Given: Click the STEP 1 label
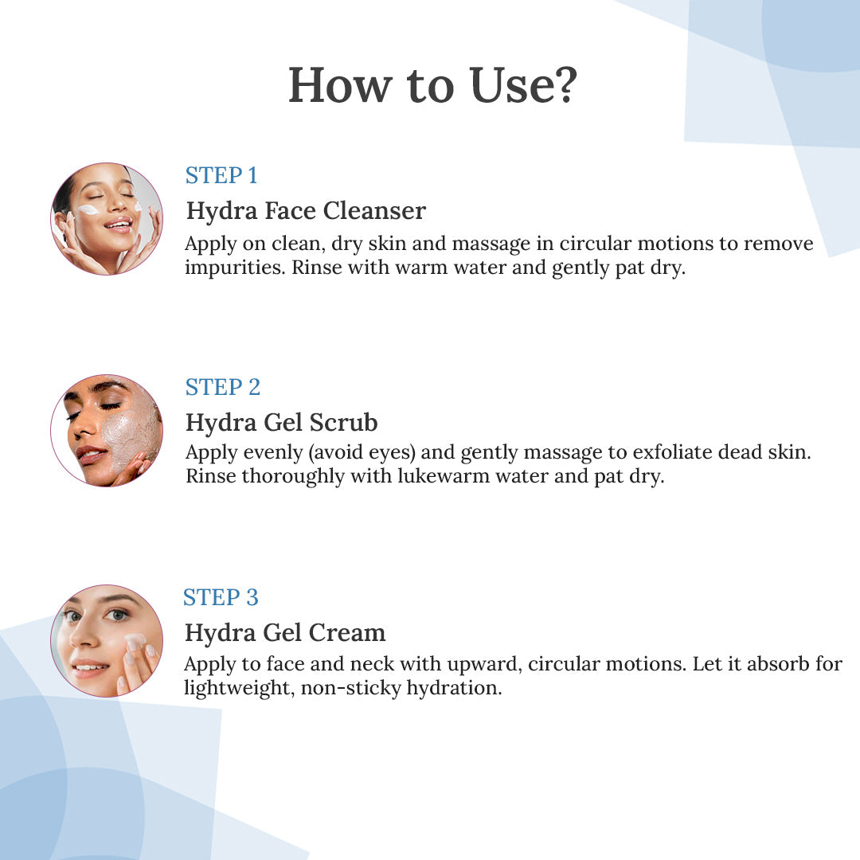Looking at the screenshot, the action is [221, 175].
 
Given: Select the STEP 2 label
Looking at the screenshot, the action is [223, 387].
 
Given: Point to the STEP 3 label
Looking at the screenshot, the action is [221, 597].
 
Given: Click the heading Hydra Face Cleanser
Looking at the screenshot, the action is [306, 211].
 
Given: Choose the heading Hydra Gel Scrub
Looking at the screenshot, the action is [282, 422].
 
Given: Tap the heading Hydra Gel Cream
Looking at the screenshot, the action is [284, 632].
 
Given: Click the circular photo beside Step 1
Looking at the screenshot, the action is [107, 219].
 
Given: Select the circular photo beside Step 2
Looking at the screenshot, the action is [107, 431].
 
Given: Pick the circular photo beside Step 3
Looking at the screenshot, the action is [107, 640].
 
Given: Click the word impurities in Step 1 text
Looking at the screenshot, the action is [235, 268].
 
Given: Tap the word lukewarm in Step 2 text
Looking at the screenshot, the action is [444, 476].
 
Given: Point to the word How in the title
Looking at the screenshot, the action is [340, 85].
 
